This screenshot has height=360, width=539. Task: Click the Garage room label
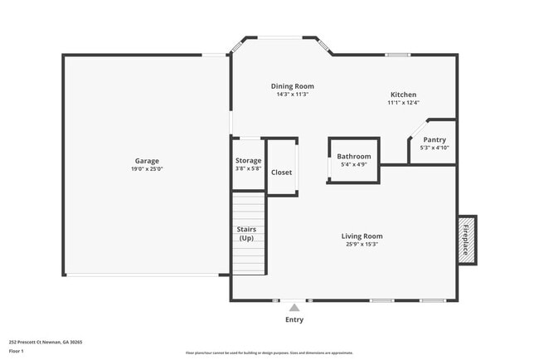click(x=147, y=161)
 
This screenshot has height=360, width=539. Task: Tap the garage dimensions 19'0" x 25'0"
click(x=147, y=169)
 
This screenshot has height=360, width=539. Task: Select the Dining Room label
click(x=292, y=86)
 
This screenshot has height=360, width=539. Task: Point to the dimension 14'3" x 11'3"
click(x=292, y=95)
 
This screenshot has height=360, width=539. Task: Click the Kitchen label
click(x=403, y=95)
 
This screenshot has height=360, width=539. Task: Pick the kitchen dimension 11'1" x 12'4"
click(x=403, y=103)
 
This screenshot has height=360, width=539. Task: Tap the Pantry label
click(x=435, y=140)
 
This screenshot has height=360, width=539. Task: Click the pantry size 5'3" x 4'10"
click(x=435, y=148)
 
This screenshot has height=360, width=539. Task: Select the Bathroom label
click(x=353, y=156)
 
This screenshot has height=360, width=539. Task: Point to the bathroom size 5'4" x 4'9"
click(x=353, y=164)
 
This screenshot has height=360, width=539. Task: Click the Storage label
click(x=248, y=160)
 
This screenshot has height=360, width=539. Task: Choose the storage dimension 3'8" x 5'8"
click(x=248, y=168)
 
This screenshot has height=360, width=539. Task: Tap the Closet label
click(x=282, y=173)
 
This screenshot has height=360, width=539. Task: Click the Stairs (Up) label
click(x=246, y=234)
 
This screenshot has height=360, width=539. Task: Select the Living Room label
click(x=362, y=236)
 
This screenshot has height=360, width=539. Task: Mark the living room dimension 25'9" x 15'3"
click(x=362, y=244)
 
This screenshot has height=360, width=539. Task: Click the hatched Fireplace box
click(x=467, y=241)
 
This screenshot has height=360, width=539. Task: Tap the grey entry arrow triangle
click(x=294, y=308)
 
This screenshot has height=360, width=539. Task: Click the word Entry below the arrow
click(x=294, y=319)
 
